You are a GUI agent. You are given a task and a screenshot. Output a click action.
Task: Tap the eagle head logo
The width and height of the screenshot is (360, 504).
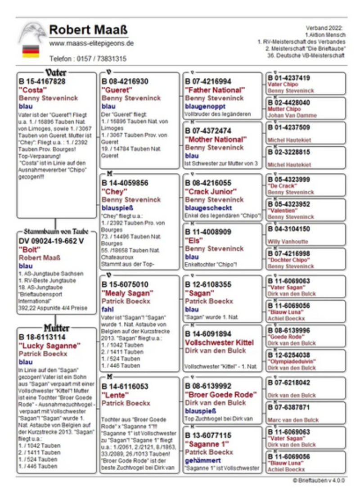click(32, 32)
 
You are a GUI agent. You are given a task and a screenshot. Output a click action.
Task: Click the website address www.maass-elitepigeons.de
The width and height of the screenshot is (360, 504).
click(91, 44)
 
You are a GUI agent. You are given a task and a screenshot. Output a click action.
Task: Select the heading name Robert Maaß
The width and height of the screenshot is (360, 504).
click(88, 30)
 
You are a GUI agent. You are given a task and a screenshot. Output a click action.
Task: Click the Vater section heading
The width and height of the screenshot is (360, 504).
click(55, 73)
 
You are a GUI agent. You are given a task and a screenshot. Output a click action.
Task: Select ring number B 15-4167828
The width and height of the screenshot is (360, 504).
click(42, 81)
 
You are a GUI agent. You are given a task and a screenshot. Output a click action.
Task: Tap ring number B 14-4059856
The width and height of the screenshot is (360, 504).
click(125, 183)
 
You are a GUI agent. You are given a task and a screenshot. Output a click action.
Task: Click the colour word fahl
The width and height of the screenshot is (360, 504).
click(107, 309)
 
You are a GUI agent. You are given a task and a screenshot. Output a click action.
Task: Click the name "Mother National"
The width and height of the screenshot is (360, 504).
click(216, 139)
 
